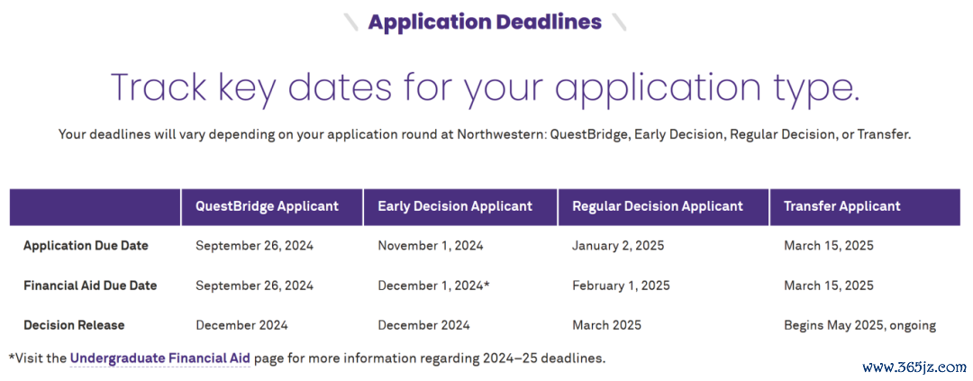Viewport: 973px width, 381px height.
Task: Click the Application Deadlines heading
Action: pos(485,22)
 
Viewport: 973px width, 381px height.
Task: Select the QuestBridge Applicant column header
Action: pos(268,206)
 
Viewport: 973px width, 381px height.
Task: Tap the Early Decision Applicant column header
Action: pos(455,206)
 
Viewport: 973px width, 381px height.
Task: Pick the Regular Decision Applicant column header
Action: pos(657,206)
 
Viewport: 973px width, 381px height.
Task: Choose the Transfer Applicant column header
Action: pos(842,206)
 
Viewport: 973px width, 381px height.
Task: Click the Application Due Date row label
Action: pos(86,246)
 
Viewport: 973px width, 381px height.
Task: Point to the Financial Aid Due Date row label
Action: pos(90,286)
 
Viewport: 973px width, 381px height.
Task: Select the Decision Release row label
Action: pos(74,325)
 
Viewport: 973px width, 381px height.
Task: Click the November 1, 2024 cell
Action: pos(431,246)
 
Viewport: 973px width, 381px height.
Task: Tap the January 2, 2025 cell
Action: pos(618,246)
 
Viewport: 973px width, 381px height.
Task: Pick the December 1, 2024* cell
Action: pos(433,286)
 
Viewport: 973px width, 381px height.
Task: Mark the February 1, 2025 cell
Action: pos(621,286)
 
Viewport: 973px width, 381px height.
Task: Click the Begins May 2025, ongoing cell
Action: pos(860,325)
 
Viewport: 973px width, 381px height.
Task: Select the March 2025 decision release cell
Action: pos(606,325)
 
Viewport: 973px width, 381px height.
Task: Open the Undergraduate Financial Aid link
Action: pos(160,358)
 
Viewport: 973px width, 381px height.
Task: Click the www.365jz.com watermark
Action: pos(920,367)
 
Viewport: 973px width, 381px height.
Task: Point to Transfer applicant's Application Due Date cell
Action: pos(829,246)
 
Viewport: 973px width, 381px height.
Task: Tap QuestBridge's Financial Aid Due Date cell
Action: pos(254,286)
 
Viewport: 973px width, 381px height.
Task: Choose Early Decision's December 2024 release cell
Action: pos(423,325)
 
